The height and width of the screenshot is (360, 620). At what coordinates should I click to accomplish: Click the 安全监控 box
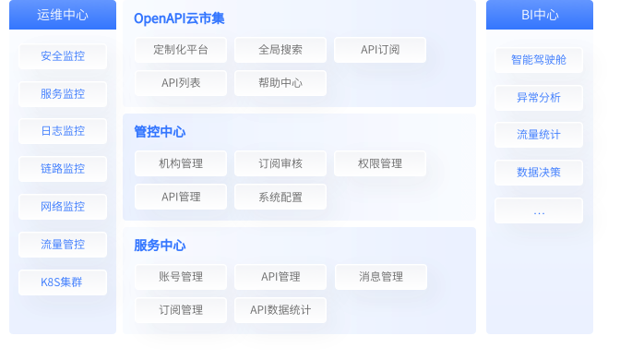[63, 56]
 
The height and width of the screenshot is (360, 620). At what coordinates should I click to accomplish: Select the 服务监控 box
[63, 94]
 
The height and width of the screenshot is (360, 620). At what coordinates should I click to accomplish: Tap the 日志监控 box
[63, 131]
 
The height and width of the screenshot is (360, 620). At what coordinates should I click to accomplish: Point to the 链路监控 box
[63, 169]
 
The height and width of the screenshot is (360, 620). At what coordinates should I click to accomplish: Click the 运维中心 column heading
[63, 15]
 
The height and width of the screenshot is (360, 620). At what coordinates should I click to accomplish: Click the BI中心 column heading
[539, 15]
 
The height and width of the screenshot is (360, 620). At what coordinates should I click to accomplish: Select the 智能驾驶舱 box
[539, 60]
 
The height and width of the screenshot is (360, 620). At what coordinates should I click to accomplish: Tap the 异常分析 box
[539, 98]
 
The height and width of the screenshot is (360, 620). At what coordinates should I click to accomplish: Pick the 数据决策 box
[539, 173]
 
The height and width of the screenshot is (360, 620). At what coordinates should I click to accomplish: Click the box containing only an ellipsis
[539, 210]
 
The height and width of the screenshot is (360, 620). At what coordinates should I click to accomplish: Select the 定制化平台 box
[180, 50]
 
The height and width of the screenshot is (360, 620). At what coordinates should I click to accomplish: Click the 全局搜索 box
[280, 50]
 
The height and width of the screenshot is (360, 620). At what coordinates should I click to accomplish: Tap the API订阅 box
[380, 50]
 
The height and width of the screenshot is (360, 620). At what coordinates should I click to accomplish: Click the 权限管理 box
[380, 163]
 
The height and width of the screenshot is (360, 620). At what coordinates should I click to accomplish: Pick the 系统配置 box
[280, 197]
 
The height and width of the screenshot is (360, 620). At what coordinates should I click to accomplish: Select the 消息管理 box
[380, 277]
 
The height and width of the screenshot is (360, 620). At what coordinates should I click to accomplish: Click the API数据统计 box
[280, 310]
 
